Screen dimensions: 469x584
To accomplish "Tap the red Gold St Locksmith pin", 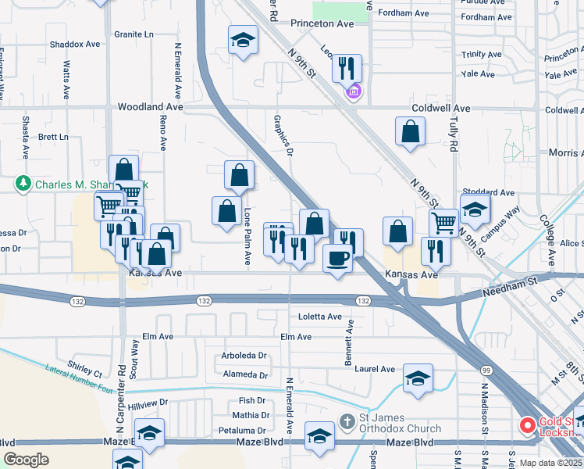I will point(528,426).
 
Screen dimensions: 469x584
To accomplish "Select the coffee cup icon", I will point(337,258).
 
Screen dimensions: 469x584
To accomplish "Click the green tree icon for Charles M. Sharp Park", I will point(23,184).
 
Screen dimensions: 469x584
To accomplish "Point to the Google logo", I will point(26,460).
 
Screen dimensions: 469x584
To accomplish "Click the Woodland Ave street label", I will point(150,106).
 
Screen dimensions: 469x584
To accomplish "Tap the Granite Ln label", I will point(134,34).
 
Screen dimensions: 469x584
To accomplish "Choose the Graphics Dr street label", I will point(283,136).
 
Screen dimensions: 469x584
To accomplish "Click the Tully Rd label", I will point(454,134).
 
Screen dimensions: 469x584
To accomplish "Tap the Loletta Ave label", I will point(320,317).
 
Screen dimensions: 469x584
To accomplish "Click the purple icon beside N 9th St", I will point(354,92).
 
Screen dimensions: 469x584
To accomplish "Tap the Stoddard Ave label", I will point(488,192).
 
